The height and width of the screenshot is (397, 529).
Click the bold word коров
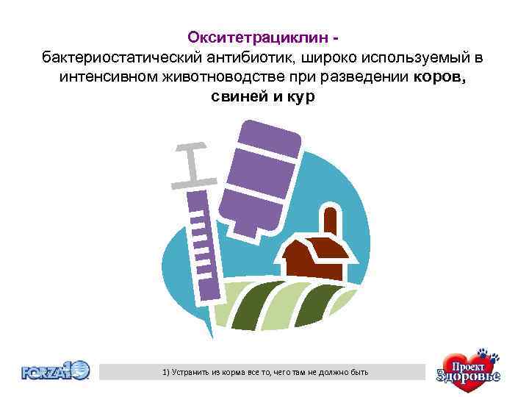click(x=439, y=77)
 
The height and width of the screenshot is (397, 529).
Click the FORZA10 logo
click(x=56, y=371)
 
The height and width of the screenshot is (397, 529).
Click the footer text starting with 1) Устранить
click(x=265, y=373)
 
